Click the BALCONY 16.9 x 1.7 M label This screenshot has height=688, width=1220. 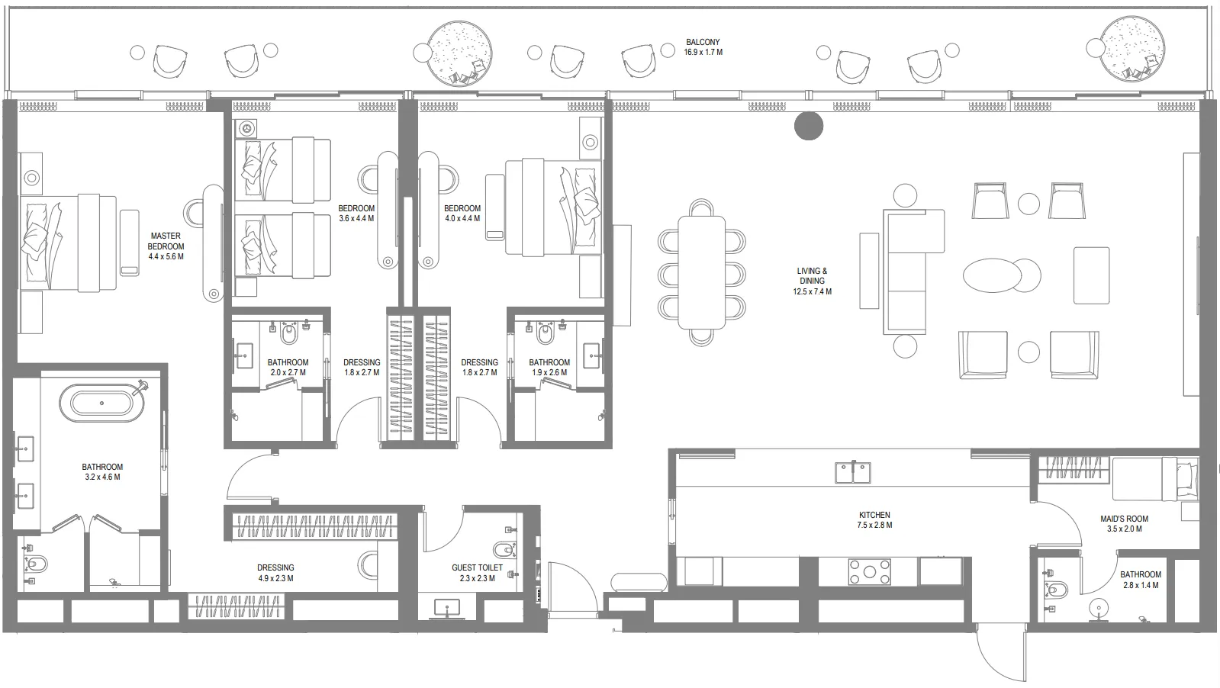703,47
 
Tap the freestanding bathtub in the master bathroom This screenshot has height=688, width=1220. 107,403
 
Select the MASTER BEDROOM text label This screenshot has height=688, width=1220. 166,246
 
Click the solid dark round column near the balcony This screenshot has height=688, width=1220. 809,127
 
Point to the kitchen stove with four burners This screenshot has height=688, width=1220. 871,572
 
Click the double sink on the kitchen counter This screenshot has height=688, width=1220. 854,472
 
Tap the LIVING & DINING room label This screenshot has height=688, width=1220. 812,281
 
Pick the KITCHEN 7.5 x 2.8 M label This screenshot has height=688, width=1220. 874,519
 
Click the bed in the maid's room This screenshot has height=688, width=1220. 1152,478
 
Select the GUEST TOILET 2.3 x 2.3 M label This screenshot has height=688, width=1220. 477,573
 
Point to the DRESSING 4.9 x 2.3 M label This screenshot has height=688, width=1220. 275,573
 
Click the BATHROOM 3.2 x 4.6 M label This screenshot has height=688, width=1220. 102,471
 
